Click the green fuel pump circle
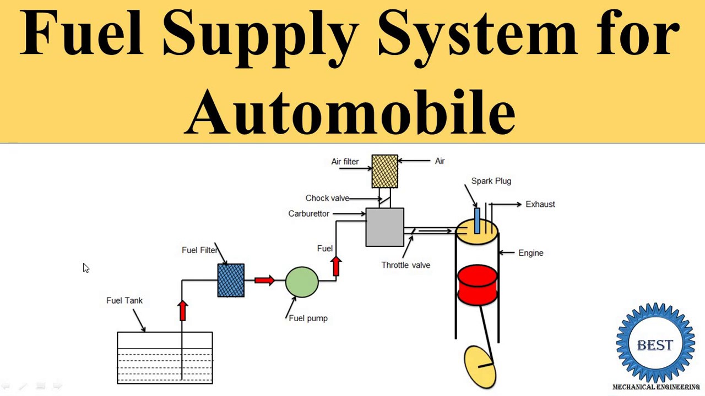coord(302,282)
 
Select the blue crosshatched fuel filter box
coord(231,280)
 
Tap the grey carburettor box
coord(384,227)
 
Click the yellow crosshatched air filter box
coord(384,171)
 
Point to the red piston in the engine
coord(477,284)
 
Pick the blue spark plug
coord(476,220)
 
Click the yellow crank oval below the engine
coord(480,366)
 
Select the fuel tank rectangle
coord(165,358)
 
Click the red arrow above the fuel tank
coord(183,310)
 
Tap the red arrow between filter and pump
coord(264,280)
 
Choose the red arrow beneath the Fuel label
coord(336,266)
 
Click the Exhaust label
coord(540,204)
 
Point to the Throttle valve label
coord(405,265)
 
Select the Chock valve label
coord(327,198)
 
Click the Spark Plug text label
coord(491,181)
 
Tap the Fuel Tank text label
coord(124,300)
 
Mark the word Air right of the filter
coord(440,161)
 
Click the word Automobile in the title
coord(350,112)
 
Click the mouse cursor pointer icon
coord(85,267)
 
